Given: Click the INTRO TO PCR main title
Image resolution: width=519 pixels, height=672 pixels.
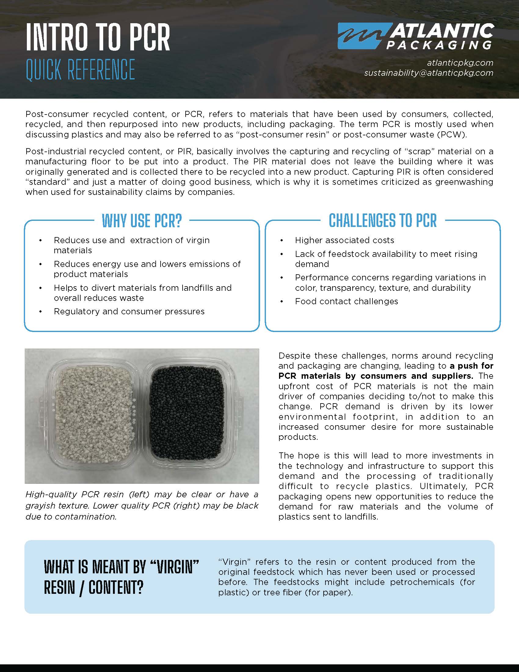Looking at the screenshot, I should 98,38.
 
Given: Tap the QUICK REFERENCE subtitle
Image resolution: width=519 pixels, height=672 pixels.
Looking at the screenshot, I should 81,70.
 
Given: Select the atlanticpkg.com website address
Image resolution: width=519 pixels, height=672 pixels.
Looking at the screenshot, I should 460,62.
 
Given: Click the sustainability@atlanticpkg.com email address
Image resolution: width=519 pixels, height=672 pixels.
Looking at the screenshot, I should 429,73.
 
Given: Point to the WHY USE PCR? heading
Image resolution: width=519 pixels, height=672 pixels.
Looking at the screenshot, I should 142,221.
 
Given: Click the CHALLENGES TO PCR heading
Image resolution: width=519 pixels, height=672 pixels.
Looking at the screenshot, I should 383,221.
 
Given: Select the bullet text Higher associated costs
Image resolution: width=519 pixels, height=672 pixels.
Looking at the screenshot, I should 344,240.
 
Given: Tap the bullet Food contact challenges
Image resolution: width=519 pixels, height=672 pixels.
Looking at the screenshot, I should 347,301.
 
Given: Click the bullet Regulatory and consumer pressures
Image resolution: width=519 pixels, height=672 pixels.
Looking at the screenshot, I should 129,311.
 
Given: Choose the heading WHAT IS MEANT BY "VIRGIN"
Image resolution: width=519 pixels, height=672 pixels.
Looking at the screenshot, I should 122,567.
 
